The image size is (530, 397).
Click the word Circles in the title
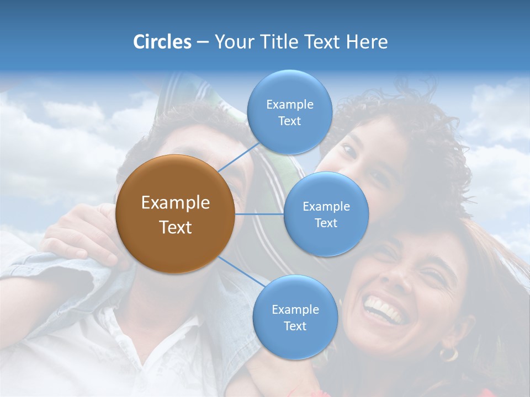[162, 42]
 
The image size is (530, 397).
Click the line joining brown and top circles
[239, 156]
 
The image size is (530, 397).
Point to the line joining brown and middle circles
[259, 214]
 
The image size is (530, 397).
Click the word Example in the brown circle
[175, 203]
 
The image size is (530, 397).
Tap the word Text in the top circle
[289, 121]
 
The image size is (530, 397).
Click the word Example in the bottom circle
[295, 309]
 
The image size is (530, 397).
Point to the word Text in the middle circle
[326, 223]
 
